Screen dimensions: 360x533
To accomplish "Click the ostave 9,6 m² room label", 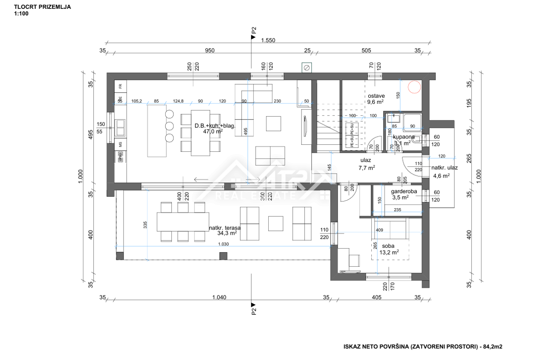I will coord(376,99).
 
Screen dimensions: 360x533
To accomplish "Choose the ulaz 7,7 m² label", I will coord(367,164).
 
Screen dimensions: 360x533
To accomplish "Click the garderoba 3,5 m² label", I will coord(403,195).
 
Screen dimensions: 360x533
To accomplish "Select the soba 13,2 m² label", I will coord(388,249).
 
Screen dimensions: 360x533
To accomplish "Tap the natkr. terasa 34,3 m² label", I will coord(223,230).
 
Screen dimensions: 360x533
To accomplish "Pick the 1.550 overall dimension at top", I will coord(268,40).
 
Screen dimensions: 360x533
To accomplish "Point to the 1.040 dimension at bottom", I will coord(219,297).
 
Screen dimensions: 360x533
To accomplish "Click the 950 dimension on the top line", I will coord(209,51).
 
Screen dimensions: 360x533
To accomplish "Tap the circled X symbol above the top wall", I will coord(306,67).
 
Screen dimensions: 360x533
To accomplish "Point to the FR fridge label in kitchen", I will coord(120,87).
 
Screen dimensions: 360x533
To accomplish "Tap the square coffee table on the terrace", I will coord(276,223).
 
